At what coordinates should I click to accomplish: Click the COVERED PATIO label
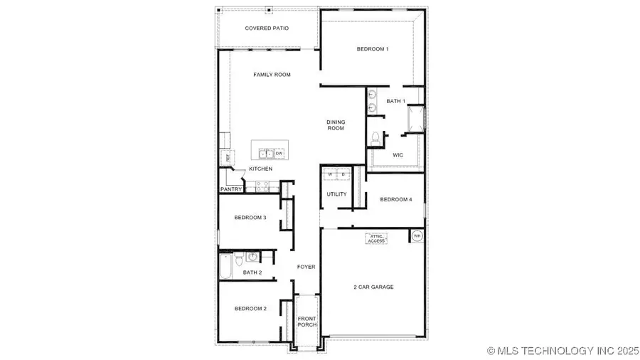coord(266,28)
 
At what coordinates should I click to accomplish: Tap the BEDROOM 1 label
coord(373,49)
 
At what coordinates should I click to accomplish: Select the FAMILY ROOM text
coord(272,75)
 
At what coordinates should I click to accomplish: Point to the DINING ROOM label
coord(336,125)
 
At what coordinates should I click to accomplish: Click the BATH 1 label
coord(395,102)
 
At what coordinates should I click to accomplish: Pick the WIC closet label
coord(398,154)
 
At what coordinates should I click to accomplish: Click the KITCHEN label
coord(260,169)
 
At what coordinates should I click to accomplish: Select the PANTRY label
coord(231,189)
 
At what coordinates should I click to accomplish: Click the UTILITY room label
coord(336,194)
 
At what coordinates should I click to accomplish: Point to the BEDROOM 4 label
coord(395,199)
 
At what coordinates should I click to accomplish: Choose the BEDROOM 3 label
coord(250,217)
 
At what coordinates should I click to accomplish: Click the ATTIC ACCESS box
coord(376,239)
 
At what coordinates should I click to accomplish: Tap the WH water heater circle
coord(417,235)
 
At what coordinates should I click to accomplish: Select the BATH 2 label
coord(252,272)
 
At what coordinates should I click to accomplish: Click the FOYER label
coord(306,267)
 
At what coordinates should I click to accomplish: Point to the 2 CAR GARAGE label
coord(373,287)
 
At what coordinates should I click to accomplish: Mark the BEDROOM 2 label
coord(250,308)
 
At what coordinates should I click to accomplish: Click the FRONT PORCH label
coord(307,322)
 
